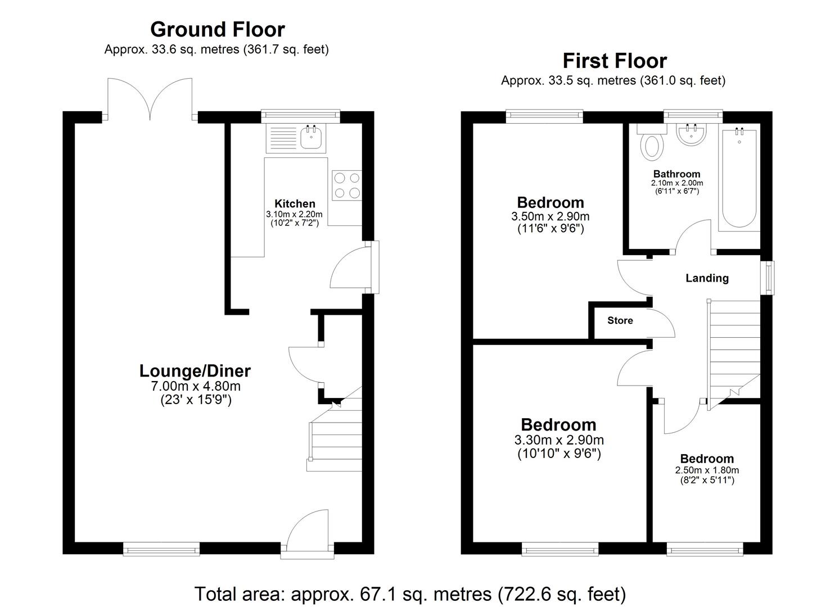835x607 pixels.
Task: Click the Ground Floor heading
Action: click(217, 29)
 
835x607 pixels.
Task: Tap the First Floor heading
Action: click(615, 61)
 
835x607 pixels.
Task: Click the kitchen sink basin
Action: click(311, 137)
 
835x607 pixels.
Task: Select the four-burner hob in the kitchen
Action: click(347, 185)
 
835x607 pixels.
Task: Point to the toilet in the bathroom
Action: click(652, 143)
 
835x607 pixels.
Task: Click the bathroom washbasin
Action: click(691, 134)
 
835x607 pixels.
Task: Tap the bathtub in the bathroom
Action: click(739, 178)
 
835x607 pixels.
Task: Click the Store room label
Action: click(620, 320)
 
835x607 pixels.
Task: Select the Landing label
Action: click(707, 278)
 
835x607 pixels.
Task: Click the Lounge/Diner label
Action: click(195, 371)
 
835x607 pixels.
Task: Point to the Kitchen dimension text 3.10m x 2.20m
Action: click(294, 214)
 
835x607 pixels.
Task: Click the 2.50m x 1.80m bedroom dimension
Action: click(707, 470)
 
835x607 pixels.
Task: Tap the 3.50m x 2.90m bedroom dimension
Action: click(550, 216)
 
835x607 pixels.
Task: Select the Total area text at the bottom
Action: click(410, 594)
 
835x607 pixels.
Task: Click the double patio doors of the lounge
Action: click(150, 99)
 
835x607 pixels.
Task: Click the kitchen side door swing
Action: click(350, 267)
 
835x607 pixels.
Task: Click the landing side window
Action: click(769, 277)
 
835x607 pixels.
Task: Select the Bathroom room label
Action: click(676, 174)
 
